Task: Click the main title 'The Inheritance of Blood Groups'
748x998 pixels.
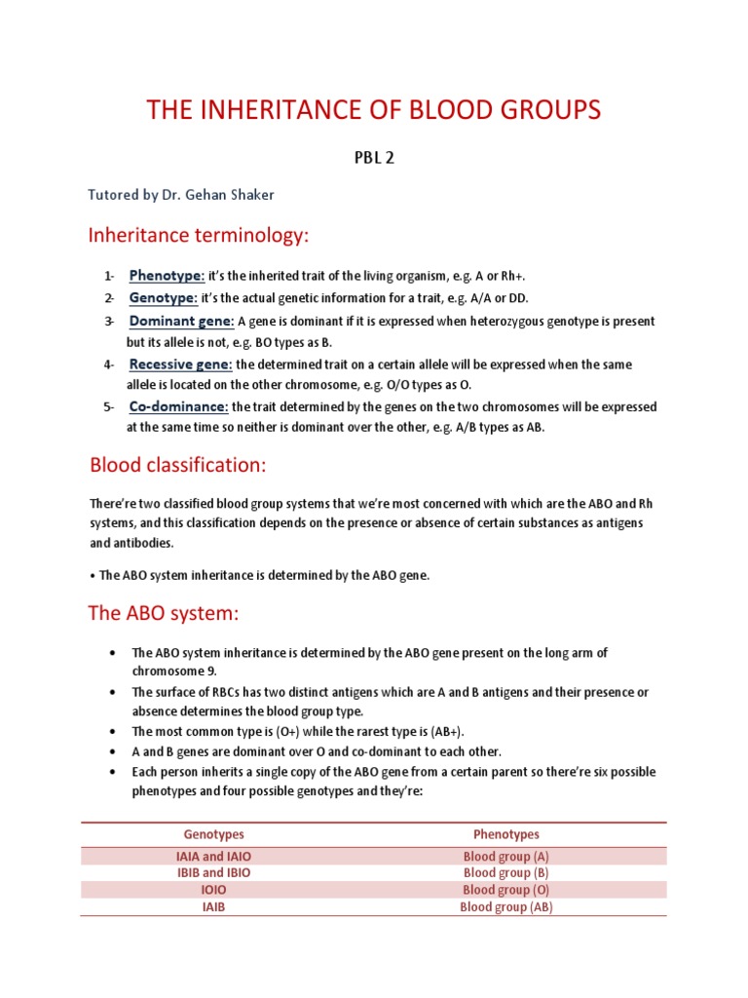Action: click(374, 110)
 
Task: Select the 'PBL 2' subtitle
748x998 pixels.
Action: click(374, 160)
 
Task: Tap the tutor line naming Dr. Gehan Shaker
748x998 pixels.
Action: click(181, 195)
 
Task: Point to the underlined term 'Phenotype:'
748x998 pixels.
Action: click(167, 275)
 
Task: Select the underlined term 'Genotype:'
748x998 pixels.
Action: click(164, 297)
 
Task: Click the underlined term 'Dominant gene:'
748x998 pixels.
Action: click(181, 321)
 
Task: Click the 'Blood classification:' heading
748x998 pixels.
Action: click(177, 465)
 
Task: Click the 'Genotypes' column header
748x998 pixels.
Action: click(213, 834)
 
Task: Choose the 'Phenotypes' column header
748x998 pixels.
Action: click(505, 834)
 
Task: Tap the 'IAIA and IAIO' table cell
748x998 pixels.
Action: click(213, 857)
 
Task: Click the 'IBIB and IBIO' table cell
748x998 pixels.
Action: click(213, 873)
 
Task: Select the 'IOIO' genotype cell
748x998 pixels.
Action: click(213, 890)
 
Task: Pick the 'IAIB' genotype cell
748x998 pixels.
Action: click(213, 906)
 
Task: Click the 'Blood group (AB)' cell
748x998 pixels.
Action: click(505, 906)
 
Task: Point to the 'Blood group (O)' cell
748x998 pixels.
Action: click(505, 890)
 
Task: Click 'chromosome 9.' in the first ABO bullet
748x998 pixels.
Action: click(174, 672)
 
